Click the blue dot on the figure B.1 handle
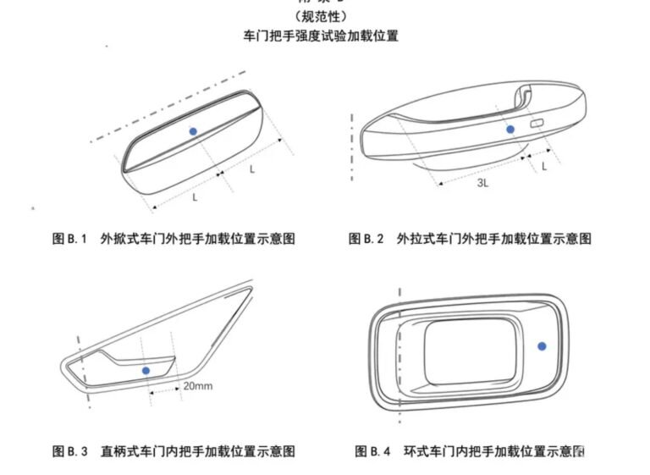pos(193,130)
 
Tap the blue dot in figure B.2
pos(510,129)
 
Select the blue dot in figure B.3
pos(146,370)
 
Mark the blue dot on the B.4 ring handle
pos(543,345)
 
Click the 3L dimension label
pos(481,182)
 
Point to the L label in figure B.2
pos(544,166)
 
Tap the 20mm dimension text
pos(196,385)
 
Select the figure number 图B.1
pos(70,239)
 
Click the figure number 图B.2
pos(366,239)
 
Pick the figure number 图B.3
pos(70,450)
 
